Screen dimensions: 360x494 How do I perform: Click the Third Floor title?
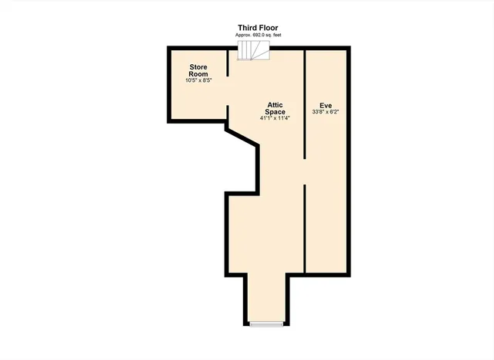pyautogui.click(x=258, y=28)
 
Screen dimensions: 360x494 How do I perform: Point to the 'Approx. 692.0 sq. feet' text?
pyautogui.click(x=258, y=36)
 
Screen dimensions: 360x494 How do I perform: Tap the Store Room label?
pyautogui.click(x=199, y=70)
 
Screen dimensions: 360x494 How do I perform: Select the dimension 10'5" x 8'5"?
pyautogui.click(x=199, y=80)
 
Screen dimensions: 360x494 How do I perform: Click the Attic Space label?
pyautogui.click(x=276, y=108)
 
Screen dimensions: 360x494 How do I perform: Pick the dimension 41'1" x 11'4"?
pyautogui.click(x=276, y=118)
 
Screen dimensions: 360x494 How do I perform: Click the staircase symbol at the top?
pyautogui.click(x=253, y=50)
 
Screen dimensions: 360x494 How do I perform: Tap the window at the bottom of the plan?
pyautogui.click(x=266, y=324)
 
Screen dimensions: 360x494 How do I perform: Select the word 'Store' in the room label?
pyautogui.click(x=199, y=66)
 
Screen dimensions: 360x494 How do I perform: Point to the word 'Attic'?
pyautogui.click(x=276, y=104)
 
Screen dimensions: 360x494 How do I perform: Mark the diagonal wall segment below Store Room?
pyautogui.click(x=242, y=137)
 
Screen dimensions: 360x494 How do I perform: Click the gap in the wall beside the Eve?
pyautogui.click(x=304, y=172)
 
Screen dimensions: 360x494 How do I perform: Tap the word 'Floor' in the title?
pyautogui.click(x=269, y=28)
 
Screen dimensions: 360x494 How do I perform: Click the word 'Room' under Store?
pyautogui.click(x=199, y=73)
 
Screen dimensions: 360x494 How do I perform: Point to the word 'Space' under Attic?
pyautogui.click(x=276, y=112)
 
